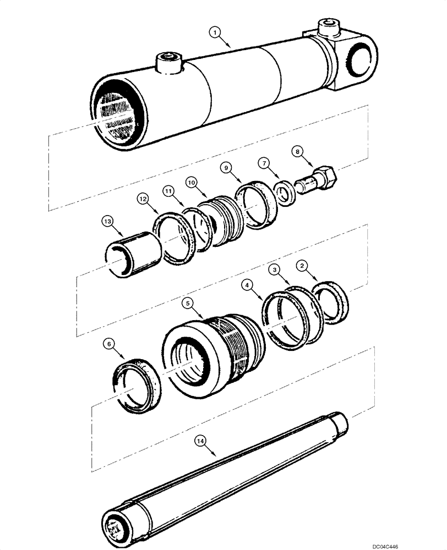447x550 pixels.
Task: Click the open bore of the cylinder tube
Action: click(117, 116)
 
